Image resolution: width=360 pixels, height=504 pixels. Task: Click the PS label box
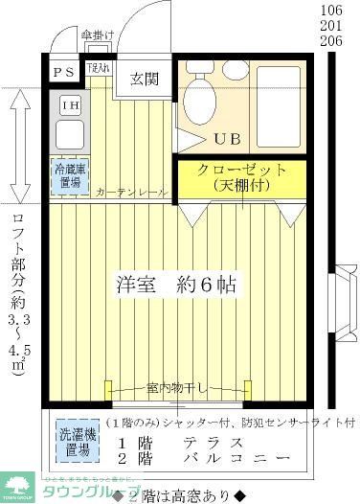pos(64,72)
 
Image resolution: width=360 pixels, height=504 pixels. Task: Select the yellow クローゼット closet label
pos(242,176)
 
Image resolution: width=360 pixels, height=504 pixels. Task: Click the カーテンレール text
pos(131,193)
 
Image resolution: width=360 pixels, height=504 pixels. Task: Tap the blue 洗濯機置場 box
pos(73,439)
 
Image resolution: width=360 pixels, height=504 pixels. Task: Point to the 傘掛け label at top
pos(99,36)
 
